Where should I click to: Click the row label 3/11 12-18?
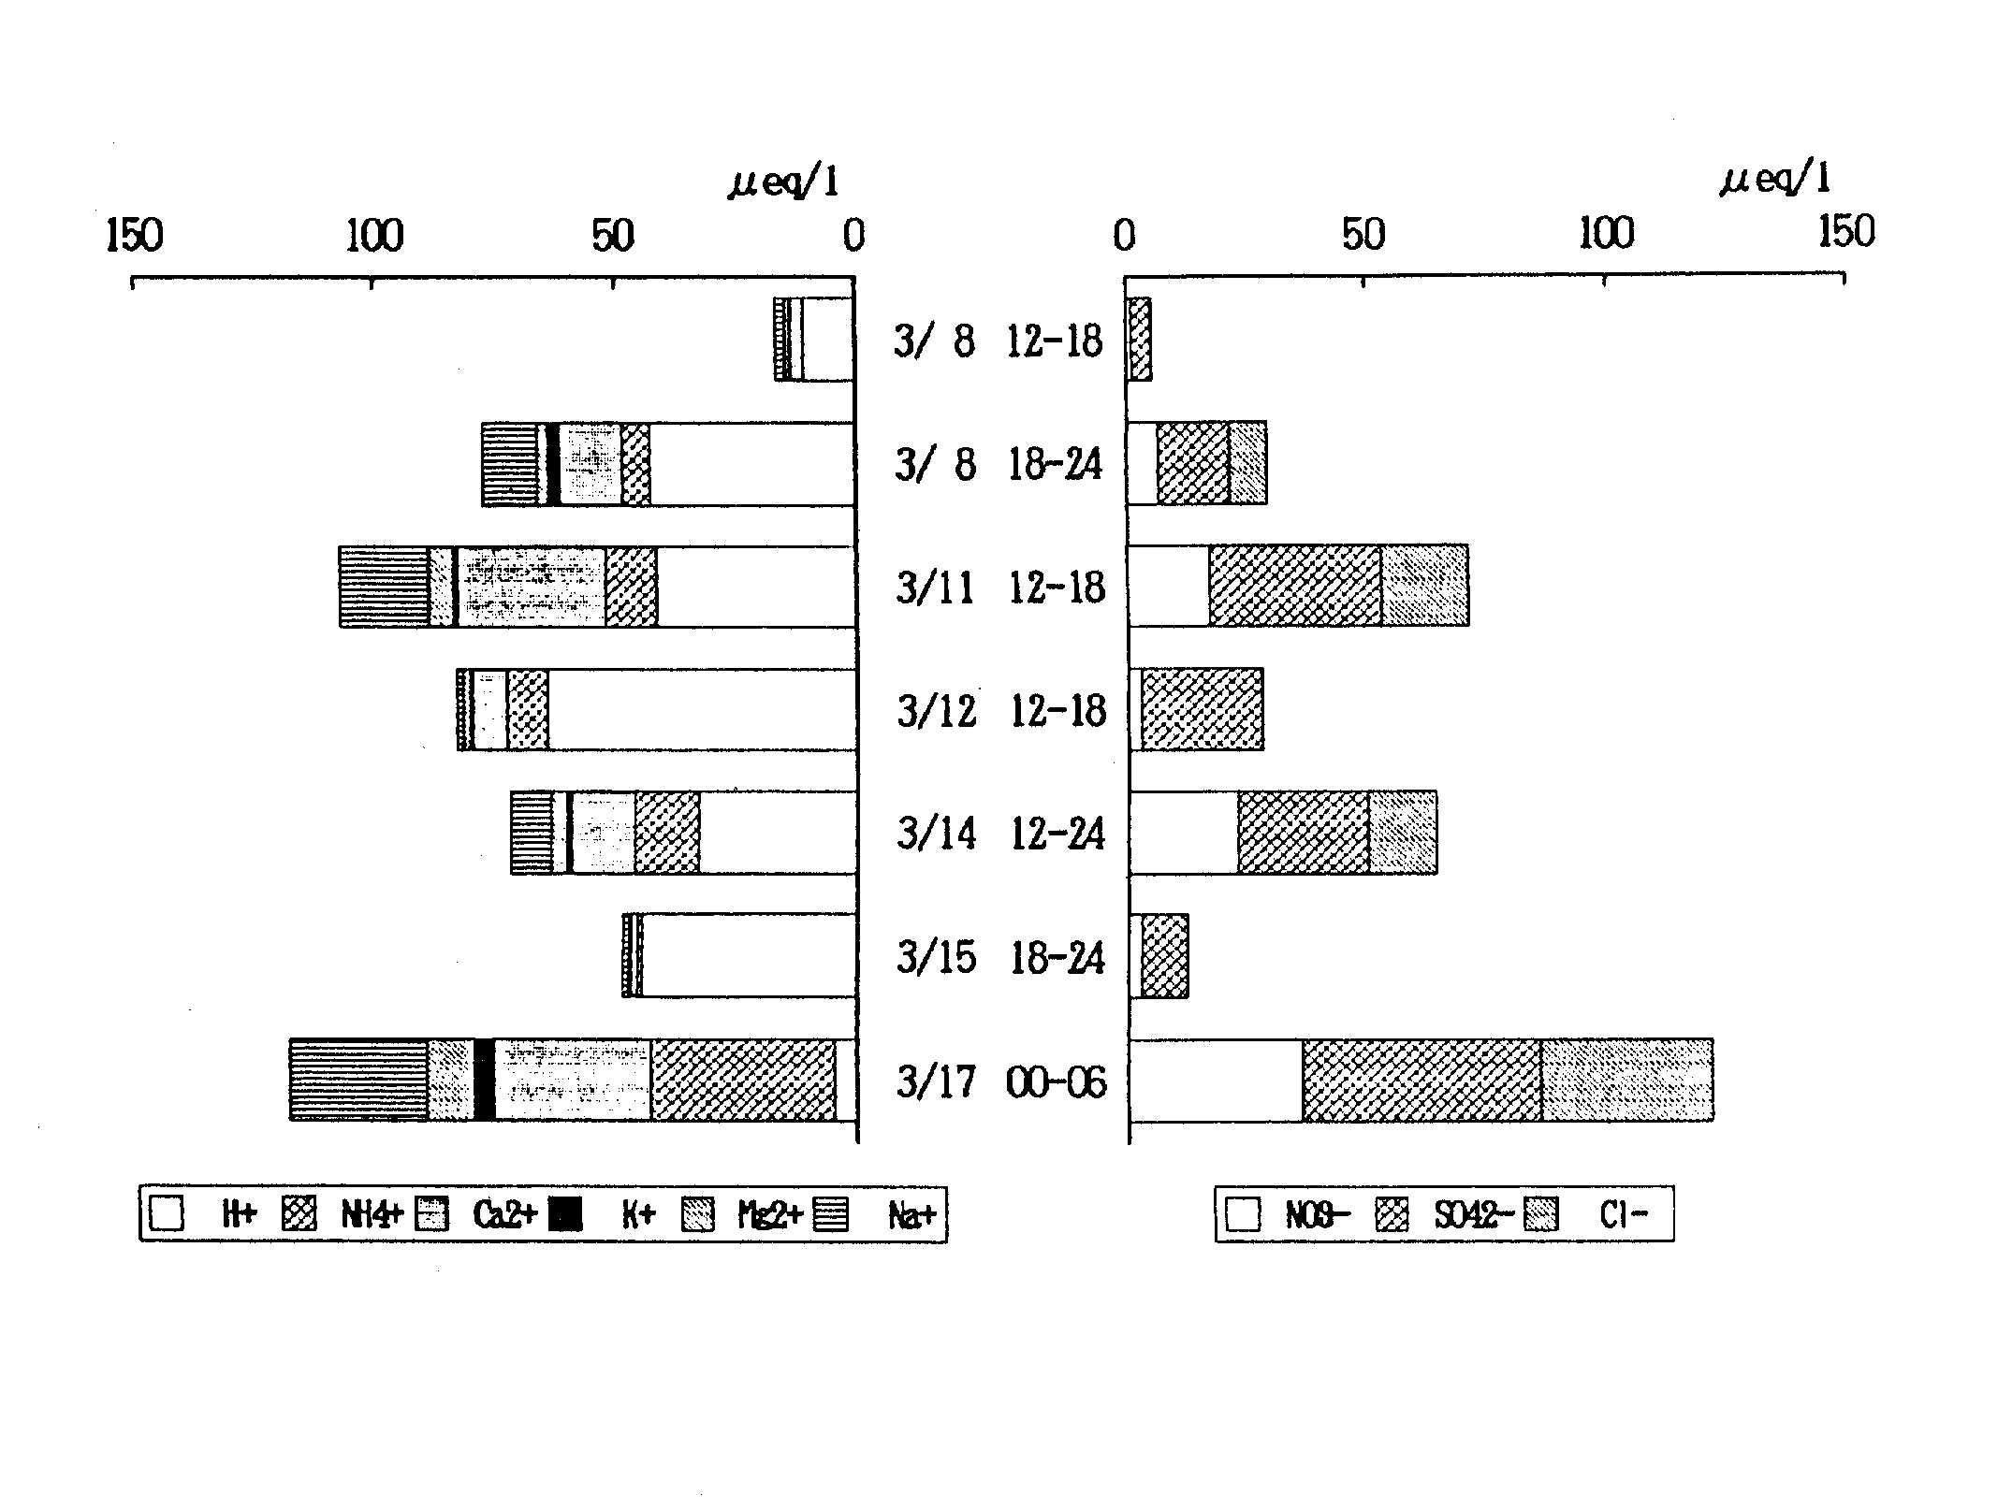click(1000, 588)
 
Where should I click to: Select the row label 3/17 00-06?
click(1000, 1082)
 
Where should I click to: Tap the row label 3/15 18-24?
click(1000, 958)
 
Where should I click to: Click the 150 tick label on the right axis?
click(1845, 232)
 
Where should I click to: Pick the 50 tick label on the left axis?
click(613, 236)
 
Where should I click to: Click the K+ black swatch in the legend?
click(565, 1215)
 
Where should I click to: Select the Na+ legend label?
click(911, 1215)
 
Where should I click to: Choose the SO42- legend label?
click(1473, 1215)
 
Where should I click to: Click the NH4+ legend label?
click(371, 1215)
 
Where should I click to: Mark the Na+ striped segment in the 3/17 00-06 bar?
click(358, 1080)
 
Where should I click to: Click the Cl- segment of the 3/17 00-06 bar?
click(1626, 1080)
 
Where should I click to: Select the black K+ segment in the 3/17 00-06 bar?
click(484, 1080)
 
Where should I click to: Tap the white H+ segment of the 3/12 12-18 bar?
click(702, 710)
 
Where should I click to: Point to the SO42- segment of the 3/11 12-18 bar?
click(1294, 587)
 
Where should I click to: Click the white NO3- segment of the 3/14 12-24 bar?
click(1184, 834)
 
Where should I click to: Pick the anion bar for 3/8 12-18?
click(1140, 340)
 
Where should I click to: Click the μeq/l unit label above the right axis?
click(1774, 179)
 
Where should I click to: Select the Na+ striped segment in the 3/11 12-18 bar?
click(384, 587)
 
